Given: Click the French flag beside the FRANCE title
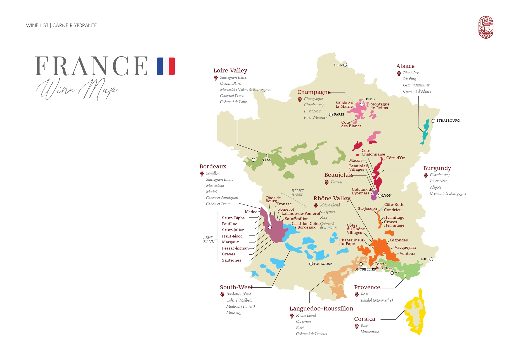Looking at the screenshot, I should (166, 66).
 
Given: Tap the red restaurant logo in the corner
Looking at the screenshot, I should (486, 27).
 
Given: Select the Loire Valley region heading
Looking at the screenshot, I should (230, 70).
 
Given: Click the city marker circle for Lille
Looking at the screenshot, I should (345, 65).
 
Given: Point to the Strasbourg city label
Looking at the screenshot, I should (448, 121).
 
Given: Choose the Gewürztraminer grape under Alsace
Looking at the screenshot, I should (416, 85).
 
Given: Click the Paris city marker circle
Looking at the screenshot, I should (331, 115).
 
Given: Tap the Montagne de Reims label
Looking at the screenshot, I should (380, 106).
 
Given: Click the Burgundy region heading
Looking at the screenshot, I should (437, 168).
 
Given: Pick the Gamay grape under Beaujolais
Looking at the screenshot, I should (336, 182).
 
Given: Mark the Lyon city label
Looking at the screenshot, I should (387, 196).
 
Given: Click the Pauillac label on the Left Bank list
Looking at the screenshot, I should (229, 224).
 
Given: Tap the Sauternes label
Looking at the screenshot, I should (231, 260).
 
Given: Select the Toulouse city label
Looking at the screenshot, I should (323, 264).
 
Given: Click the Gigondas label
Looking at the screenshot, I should (399, 240).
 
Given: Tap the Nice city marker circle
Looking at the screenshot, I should (431, 259).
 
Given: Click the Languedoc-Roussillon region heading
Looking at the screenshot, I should (321, 309).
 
